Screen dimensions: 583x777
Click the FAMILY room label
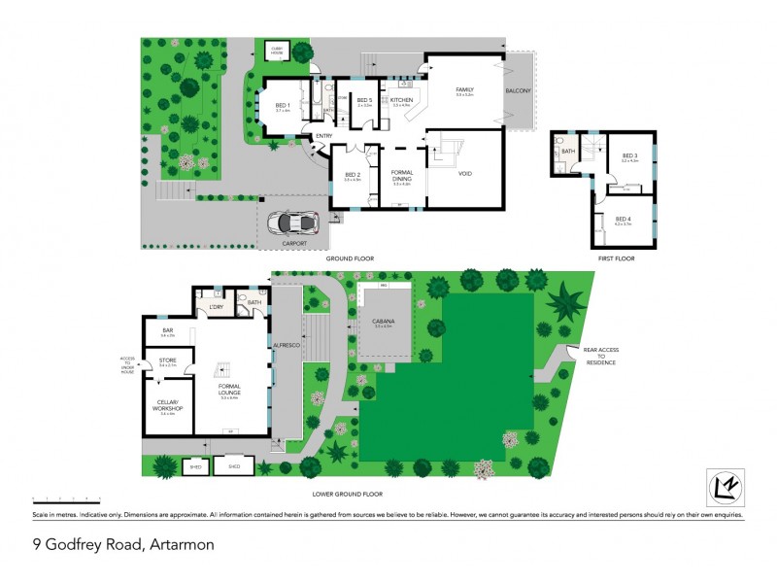464,90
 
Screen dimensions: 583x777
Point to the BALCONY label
518,90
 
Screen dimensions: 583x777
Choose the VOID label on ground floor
464,174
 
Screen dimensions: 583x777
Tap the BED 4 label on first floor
623,220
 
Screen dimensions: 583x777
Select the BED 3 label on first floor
629,155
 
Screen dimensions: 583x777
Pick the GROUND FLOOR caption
351,258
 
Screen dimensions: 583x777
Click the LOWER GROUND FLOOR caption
345,493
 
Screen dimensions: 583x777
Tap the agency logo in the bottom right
724,487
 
